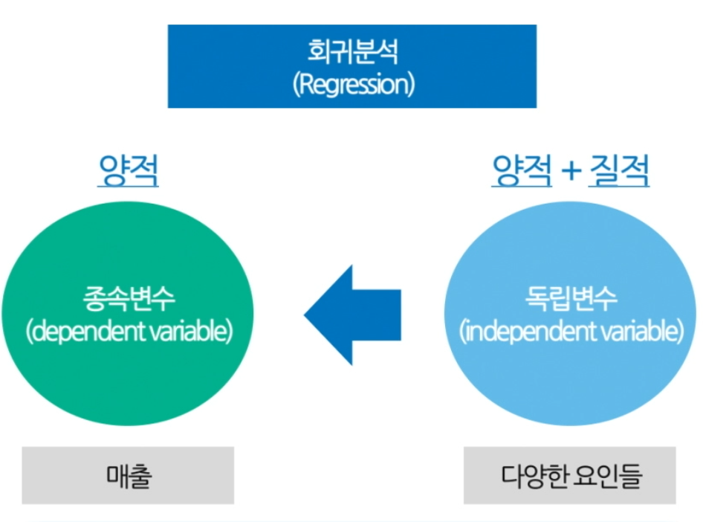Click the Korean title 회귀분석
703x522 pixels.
click(x=351, y=52)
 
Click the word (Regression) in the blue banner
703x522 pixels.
click(x=352, y=83)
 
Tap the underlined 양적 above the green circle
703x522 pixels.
click(x=129, y=172)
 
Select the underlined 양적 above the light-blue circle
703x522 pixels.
click(x=522, y=172)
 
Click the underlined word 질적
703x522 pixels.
click(x=618, y=172)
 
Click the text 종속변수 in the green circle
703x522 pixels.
click(x=129, y=300)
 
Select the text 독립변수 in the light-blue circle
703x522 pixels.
click(x=570, y=300)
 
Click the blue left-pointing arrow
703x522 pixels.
click(x=354, y=315)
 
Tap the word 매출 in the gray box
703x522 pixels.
click(x=128, y=476)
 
